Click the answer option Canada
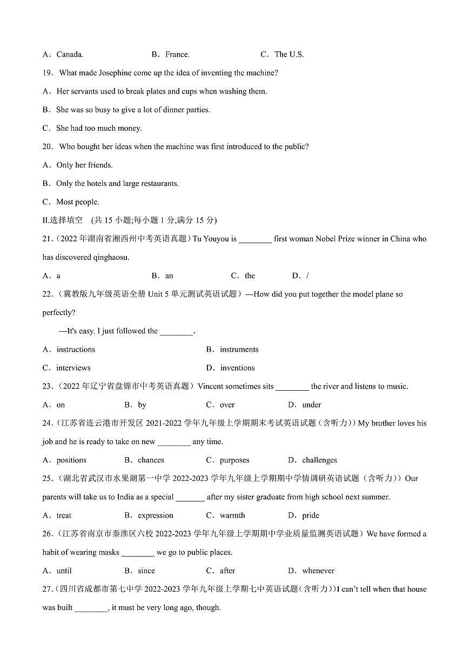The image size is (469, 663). point(70,54)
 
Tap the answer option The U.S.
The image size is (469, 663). point(289,54)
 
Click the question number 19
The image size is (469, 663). point(48,73)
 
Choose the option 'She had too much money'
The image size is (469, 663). point(99,128)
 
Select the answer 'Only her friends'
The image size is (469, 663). point(84,165)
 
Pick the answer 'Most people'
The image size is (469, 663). point(78,202)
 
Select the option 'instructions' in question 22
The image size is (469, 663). point(76,350)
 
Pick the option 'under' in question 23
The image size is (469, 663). point(312,405)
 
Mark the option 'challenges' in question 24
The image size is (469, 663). point(319,460)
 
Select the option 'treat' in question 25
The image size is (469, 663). point(64,515)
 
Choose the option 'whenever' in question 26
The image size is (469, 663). point(318,571)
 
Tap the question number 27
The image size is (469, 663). point(48,589)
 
